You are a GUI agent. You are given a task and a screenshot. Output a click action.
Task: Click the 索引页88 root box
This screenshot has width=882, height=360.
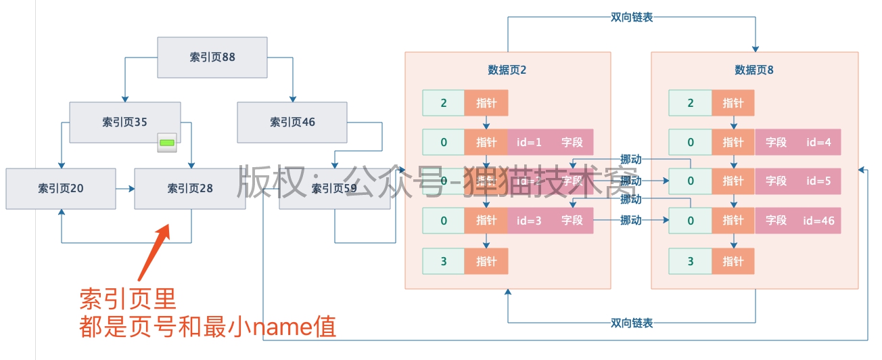[212, 57]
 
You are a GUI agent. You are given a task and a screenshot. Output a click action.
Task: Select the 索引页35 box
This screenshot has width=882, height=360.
[124, 122]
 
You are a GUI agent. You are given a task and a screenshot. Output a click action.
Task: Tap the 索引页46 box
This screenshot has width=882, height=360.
[292, 122]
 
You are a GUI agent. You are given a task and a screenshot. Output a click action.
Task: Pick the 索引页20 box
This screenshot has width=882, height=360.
[60, 188]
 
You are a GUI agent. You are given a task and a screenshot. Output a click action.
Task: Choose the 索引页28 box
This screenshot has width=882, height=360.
[190, 188]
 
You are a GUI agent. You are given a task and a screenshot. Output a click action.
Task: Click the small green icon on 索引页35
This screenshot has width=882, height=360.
[167, 142]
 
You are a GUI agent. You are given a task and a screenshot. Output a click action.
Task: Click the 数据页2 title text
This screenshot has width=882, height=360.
[507, 70]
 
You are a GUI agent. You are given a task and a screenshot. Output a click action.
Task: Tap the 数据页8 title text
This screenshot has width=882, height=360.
[754, 70]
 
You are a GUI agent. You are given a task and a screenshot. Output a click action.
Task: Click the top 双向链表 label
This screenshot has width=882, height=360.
[631, 17]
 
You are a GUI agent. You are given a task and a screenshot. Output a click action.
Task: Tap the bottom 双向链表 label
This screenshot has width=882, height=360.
[631, 323]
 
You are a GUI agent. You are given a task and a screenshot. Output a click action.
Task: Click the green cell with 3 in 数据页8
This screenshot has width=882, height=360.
[690, 261]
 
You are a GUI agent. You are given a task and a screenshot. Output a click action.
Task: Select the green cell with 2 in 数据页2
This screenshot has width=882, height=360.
[443, 103]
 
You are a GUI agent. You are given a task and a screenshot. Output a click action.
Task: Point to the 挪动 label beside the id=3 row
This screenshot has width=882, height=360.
[630, 220]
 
